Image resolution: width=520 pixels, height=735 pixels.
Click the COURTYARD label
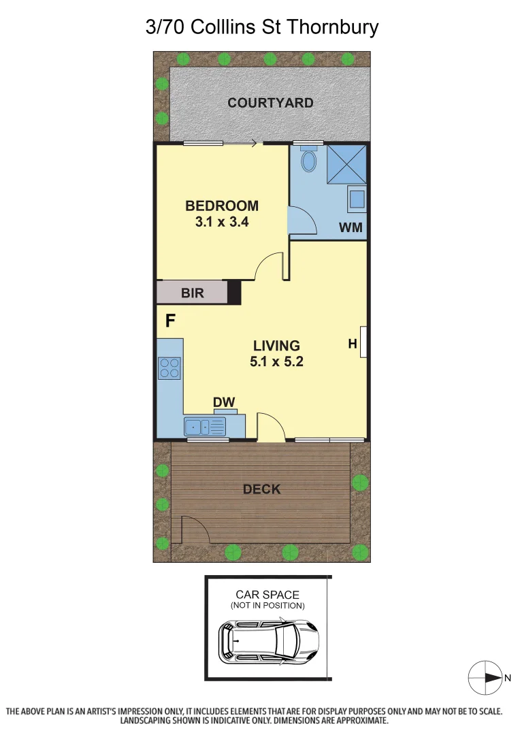click(270, 103)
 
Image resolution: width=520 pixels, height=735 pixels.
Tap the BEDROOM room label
click(222, 206)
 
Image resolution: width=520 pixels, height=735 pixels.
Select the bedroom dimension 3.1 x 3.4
click(222, 221)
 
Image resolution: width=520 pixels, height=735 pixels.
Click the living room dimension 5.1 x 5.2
click(276, 361)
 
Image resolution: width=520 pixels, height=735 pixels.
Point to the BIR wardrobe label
click(192, 293)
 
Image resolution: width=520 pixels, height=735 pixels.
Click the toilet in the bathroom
click(309, 162)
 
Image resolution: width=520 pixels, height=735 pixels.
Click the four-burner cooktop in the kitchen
click(169, 368)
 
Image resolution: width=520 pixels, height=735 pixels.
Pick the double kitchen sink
click(204, 427)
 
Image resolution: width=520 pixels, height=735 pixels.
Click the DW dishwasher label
click(224, 402)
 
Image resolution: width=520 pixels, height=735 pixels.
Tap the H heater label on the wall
click(353, 344)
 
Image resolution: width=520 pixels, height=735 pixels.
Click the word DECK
click(261, 489)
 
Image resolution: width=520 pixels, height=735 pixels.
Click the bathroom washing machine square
click(357, 199)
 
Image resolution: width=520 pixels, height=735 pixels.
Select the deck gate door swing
click(192, 529)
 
